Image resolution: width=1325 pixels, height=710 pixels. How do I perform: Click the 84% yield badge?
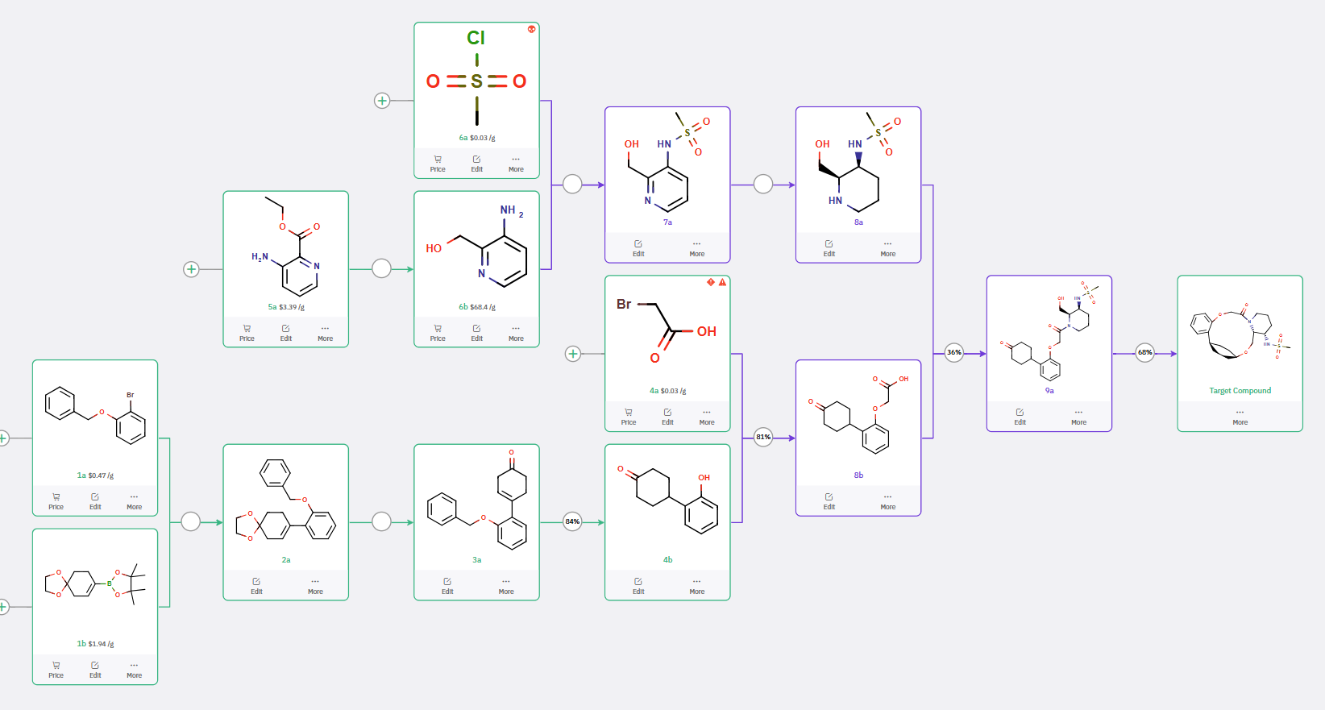point(572,521)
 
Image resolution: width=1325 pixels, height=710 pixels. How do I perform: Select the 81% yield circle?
point(763,438)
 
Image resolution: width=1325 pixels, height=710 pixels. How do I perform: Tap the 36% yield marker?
point(954,353)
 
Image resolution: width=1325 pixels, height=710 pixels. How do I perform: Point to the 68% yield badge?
point(1145,353)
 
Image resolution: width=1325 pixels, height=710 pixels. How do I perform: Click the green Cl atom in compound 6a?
point(476,38)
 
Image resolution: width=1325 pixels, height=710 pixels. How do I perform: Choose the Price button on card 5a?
point(247,332)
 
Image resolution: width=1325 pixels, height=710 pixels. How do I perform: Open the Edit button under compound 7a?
point(638,247)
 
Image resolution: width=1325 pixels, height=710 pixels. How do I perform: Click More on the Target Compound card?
point(1240,417)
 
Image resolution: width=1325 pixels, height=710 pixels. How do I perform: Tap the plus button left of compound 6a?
point(382,101)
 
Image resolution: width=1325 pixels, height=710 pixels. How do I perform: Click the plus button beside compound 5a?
point(191,269)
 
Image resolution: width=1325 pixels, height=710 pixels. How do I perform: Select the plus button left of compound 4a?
point(573,354)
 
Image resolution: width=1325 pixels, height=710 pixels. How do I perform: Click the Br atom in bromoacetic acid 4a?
point(624,305)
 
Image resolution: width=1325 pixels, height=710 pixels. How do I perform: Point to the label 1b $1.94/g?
point(95,644)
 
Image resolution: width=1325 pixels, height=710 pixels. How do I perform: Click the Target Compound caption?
point(1240,391)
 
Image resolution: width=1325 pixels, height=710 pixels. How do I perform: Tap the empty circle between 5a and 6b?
point(381,269)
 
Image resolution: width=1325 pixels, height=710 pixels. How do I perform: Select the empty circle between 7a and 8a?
point(763,185)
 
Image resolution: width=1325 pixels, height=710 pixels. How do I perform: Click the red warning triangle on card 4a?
point(722,282)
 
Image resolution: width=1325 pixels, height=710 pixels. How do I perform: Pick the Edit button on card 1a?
point(95,500)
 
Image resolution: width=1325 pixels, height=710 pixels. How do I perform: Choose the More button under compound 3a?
point(506,585)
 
